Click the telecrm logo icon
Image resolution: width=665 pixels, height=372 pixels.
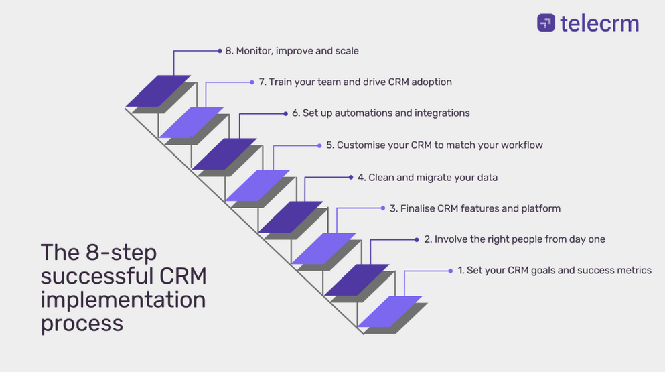[x=546, y=23]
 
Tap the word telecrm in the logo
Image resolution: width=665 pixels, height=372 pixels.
[x=599, y=23]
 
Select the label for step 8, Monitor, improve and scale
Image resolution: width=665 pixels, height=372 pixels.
[x=292, y=51]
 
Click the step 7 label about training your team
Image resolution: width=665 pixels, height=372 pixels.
[x=356, y=82]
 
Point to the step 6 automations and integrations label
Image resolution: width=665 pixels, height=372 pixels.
[x=381, y=113]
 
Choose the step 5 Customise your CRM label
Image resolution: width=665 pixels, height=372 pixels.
[x=434, y=145]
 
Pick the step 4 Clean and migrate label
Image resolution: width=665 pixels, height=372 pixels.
[x=427, y=178]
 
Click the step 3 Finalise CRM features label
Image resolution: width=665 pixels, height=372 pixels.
[x=475, y=208]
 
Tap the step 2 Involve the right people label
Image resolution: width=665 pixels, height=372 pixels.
[x=514, y=239]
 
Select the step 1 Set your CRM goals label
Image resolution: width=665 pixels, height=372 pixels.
[x=555, y=271]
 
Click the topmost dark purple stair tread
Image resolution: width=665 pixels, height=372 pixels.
[x=158, y=91]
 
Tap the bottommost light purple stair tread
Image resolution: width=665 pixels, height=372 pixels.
[x=390, y=311]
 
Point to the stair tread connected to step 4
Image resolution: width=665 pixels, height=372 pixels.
[x=291, y=217]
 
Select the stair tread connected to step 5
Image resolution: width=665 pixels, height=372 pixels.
[x=257, y=186]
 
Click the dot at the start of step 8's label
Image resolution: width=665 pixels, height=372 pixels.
[x=220, y=51]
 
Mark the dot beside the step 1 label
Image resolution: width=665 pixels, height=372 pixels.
[x=451, y=271]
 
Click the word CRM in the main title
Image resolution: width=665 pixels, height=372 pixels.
[x=183, y=276]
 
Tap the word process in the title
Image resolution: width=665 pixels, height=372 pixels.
[x=82, y=324]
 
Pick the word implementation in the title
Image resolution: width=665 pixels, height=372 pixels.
[x=123, y=300]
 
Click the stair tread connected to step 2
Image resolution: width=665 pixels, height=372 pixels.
[x=357, y=280]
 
